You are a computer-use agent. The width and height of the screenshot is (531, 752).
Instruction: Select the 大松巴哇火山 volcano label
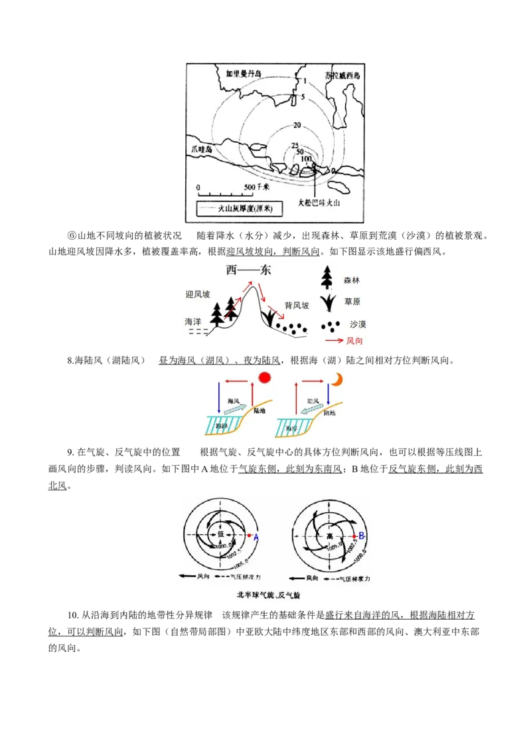[319, 203]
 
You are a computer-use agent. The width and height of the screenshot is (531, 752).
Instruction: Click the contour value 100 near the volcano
[306, 159]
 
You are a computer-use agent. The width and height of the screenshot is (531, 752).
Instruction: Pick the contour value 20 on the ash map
[297, 126]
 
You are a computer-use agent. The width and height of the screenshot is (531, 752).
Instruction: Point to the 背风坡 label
[295, 306]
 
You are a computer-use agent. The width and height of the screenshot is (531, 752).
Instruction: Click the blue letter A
[256, 537]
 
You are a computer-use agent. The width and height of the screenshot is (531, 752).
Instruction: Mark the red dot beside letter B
[354, 535]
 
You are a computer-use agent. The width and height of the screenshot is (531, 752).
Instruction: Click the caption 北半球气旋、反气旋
[268, 595]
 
